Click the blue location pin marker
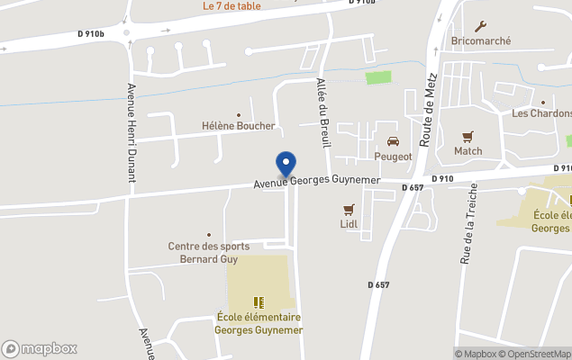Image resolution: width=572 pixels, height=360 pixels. coord(286,163)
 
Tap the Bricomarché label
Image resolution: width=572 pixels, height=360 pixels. coord(481,41)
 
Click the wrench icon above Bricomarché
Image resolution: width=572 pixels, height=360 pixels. coord(481,26)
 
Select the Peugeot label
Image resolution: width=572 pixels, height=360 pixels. coord(394,157)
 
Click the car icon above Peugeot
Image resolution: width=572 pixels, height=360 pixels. coord(394,141)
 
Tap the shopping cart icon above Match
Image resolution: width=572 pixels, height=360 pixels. coord(468,137)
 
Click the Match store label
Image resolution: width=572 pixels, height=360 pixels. coord(468,151)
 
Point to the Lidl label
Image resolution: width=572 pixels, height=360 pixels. coord(349,223)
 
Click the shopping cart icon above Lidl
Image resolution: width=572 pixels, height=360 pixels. coord(349,209)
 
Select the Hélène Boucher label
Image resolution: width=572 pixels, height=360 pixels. coord(238,126)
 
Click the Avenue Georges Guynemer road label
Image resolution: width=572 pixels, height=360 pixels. coord(317,182)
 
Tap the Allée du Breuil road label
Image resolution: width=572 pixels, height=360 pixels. coord(323,112)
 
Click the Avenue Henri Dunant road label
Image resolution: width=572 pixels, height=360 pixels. coord(132,132)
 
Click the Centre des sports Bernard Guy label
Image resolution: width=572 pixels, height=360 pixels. coord(208,252)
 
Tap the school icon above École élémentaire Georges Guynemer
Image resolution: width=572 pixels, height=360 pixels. coord(259,302)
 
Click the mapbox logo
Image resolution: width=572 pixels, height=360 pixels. coord(40,348)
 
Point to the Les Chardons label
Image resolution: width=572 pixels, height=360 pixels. coord(542,113)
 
